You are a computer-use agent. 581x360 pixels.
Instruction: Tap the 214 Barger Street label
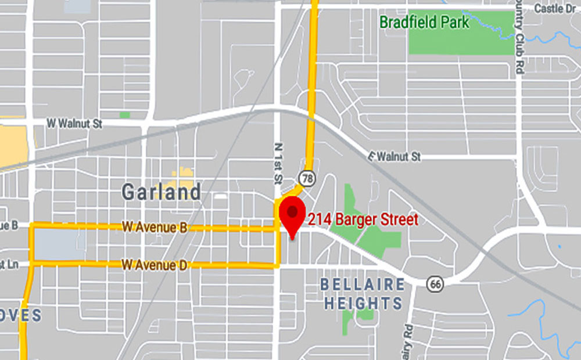pos(363,220)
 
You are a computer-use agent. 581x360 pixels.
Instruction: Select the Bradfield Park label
pos(424,23)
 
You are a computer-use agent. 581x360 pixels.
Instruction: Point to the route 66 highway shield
pos(435,283)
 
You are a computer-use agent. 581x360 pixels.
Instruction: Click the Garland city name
pos(161,192)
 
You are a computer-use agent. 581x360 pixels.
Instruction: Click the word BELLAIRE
pos(363,285)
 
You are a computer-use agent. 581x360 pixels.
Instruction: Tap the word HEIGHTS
pos(363,303)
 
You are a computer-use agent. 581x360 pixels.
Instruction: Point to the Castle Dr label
pos(557,8)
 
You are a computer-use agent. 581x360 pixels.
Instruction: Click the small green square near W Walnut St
pos(125,115)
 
